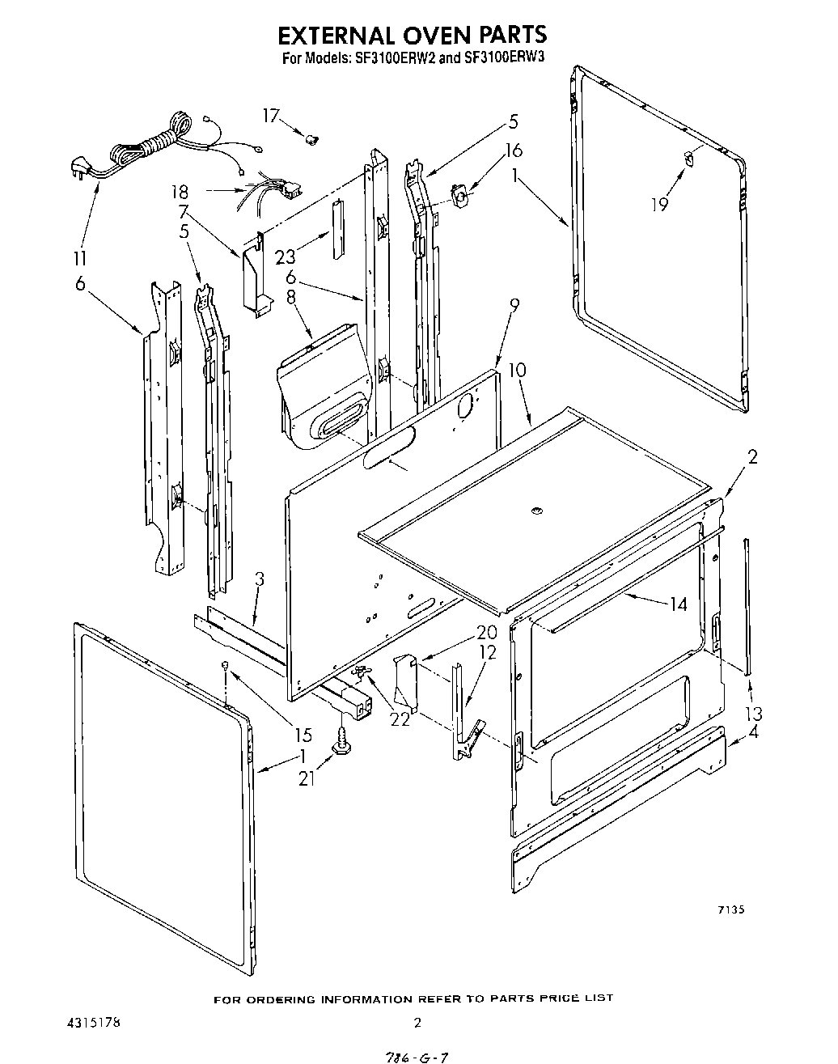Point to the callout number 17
(270, 116)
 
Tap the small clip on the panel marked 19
(688, 159)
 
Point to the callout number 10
(516, 370)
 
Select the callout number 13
(754, 714)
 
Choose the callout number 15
(303, 735)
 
